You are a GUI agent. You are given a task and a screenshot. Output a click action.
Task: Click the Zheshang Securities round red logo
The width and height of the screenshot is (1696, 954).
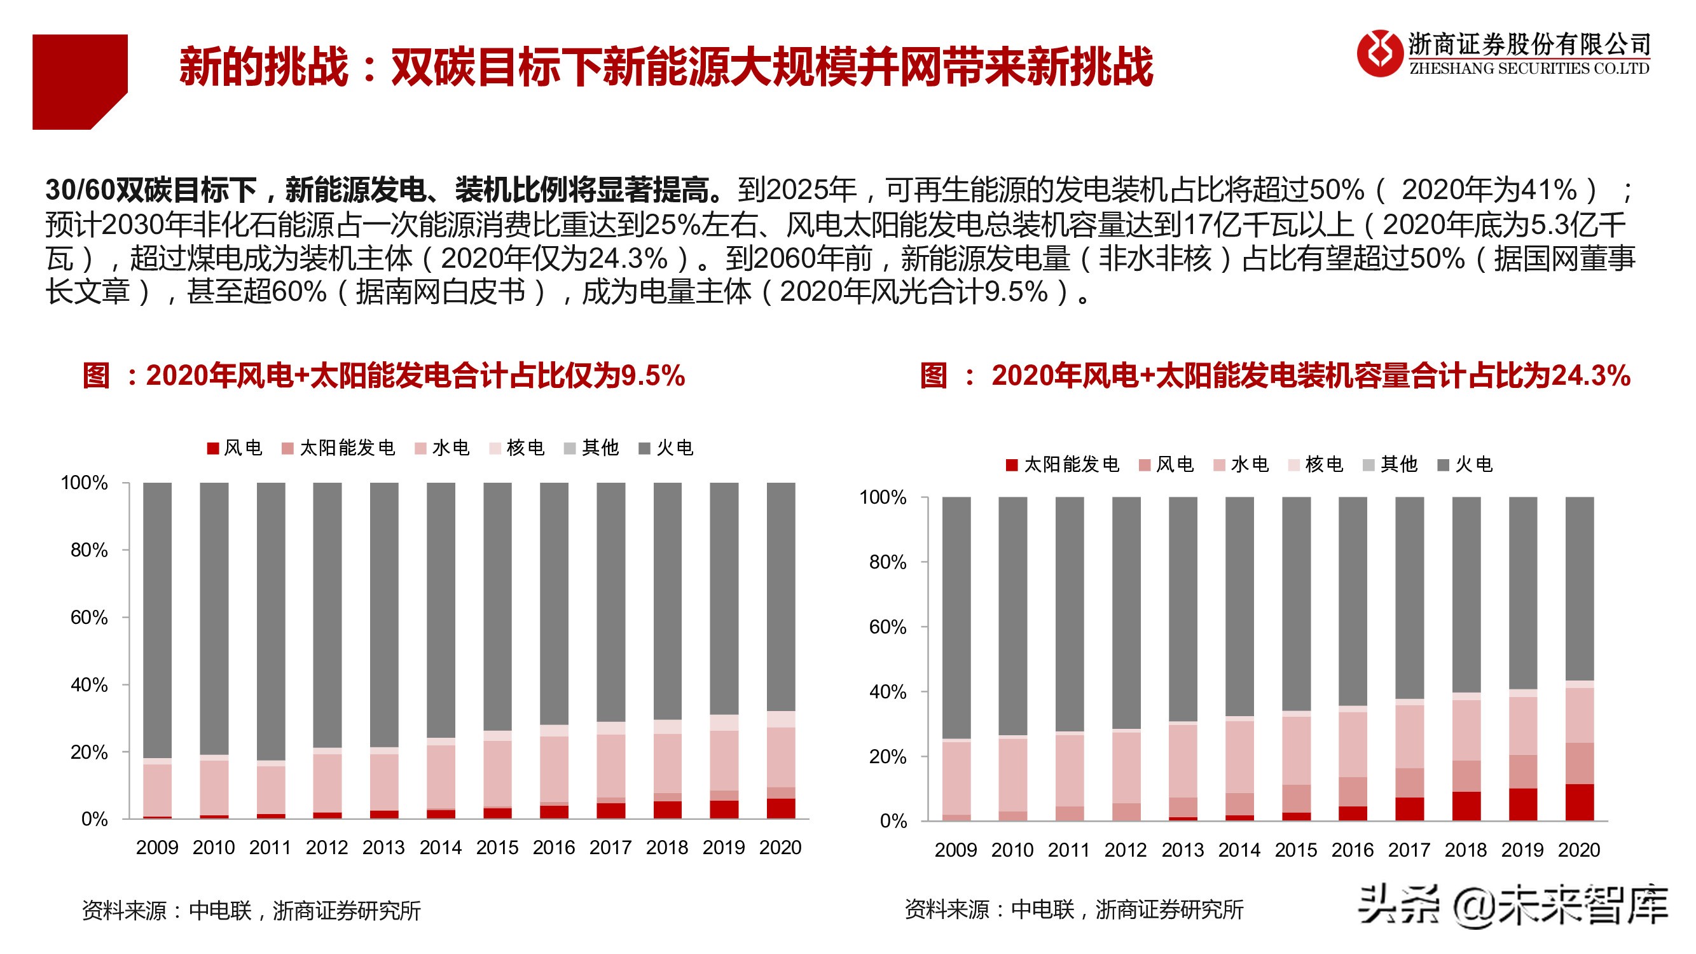[x=1379, y=53]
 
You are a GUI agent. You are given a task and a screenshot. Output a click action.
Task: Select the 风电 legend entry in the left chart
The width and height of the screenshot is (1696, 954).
[x=235, y=448]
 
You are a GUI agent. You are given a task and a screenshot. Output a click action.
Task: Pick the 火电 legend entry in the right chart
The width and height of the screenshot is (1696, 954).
[x=1465, y=465]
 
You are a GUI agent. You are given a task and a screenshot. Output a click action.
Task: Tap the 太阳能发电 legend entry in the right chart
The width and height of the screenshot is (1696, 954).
[x=1063, y=465]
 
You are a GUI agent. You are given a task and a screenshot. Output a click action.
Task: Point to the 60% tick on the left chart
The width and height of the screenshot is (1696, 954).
[x=90, y=618]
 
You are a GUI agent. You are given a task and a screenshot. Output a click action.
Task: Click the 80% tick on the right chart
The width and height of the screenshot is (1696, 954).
[x=888, y=562]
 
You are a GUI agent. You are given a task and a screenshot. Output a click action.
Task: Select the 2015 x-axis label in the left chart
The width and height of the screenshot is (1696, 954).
[x=497, y=847]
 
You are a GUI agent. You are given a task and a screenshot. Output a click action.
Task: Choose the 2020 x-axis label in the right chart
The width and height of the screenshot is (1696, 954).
[x=1579, y=850]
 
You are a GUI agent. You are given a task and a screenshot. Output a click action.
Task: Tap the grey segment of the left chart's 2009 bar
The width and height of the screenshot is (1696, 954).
[x=157, y=619]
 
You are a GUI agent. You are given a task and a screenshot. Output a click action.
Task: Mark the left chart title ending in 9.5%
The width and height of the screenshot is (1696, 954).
[x=384, y=376]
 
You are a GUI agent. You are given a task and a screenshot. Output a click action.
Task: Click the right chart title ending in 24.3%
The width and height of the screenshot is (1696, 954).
[x=1274, y=376]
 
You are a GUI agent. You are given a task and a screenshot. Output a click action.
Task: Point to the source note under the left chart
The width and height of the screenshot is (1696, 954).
[x=251, y=911]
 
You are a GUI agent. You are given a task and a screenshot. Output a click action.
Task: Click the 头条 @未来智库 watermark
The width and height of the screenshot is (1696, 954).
[x=1513, y=906]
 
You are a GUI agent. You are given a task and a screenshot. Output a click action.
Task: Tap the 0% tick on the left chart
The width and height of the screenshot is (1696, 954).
[x=94, y=820]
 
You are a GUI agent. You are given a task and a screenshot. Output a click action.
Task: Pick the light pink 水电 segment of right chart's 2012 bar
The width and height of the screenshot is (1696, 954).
[x=1126, y=767]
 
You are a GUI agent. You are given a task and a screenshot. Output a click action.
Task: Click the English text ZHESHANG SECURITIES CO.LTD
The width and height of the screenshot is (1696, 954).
[x=1529, y=69]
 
